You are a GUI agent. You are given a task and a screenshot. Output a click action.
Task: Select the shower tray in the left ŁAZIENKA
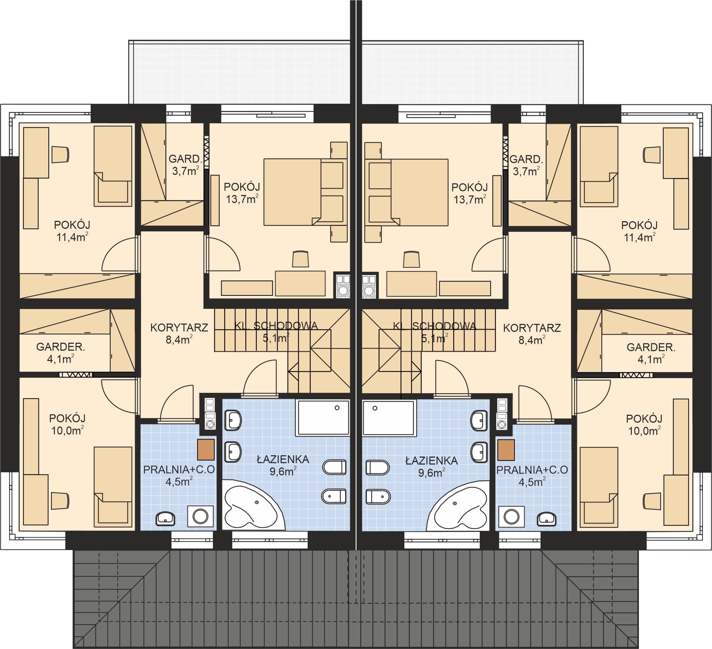click(x=323, y=418)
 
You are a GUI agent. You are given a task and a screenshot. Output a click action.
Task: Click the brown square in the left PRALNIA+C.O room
click(x=206, y=450)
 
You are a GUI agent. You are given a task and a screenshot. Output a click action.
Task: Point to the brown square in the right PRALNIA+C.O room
click(x=506, y=450)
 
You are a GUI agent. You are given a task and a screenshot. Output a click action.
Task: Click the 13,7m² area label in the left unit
click(x=242, y=199)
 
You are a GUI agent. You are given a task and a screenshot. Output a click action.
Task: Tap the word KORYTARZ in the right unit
click(x=532, y=328)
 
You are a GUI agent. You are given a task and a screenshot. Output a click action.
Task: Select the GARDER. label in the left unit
click(x=60, y=347)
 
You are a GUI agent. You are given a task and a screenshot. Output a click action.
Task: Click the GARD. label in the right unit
click(x=526, y=159)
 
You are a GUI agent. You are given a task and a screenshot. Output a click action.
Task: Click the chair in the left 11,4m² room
click(x=60, y=154)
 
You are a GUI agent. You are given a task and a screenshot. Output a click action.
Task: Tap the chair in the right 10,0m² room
click(x=652, y=501)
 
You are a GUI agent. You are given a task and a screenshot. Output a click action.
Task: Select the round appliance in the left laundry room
click(x=200, y=516)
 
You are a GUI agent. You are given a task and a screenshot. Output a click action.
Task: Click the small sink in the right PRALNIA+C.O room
click(x=547, y=518)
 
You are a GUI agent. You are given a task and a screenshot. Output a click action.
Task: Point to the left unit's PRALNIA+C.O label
click(x=179, y=470)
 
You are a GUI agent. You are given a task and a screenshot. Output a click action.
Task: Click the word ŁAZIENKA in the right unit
click(x=431, y=461)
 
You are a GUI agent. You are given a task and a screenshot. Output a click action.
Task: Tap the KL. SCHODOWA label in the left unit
click(x=276, y=326)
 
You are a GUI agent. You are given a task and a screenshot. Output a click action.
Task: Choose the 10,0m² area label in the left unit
click(x=67, y=430)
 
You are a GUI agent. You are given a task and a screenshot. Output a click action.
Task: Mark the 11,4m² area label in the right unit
click(x=640, y=237)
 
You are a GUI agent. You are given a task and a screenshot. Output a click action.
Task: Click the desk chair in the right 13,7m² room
click(x=412, y=259)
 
